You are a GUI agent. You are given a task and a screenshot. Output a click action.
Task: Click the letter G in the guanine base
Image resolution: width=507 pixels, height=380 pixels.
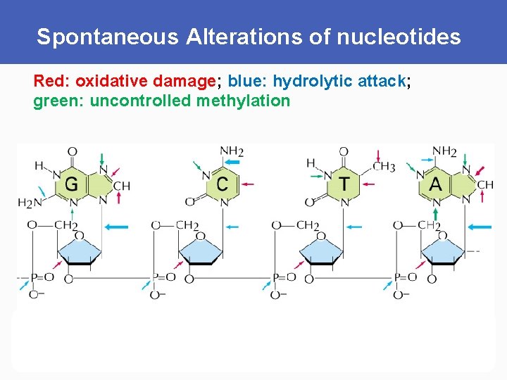pyautogui.click(x=71, y=184)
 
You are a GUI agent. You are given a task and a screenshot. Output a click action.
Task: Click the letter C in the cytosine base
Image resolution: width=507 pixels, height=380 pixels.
pyautogui.click(x=223, y=184)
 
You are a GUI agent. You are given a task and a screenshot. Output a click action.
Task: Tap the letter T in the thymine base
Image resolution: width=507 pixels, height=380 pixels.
pyautogui.click(x=344, y=184)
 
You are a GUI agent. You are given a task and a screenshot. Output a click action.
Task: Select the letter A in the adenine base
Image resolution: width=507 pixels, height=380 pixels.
pyautogui.click(x=436, y=184)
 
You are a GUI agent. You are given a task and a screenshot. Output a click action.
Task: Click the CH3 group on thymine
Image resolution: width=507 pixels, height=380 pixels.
pyautogui.click(x=384, y=167)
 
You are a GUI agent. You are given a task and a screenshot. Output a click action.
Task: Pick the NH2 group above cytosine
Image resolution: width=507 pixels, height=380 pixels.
pyautogui.click(x=232, y=151)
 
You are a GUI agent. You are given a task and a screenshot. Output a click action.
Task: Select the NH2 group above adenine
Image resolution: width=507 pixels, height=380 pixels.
pyautogui.click(x=444, y=151)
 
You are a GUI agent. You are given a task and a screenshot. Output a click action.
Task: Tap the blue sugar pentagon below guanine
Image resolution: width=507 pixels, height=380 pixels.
pyautogui.click(x=78, y=248)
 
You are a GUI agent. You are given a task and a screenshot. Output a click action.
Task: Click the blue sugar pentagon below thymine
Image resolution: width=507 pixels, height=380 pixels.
pyautogui.click(x=320, y=248)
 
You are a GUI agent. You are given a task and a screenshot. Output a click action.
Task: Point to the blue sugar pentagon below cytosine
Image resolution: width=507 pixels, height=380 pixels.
pyautogui.click(x=200, y=248)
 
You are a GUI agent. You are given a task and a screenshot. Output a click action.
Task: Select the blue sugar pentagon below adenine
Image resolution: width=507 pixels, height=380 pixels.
pyautogui.click(x=442, y=248)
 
